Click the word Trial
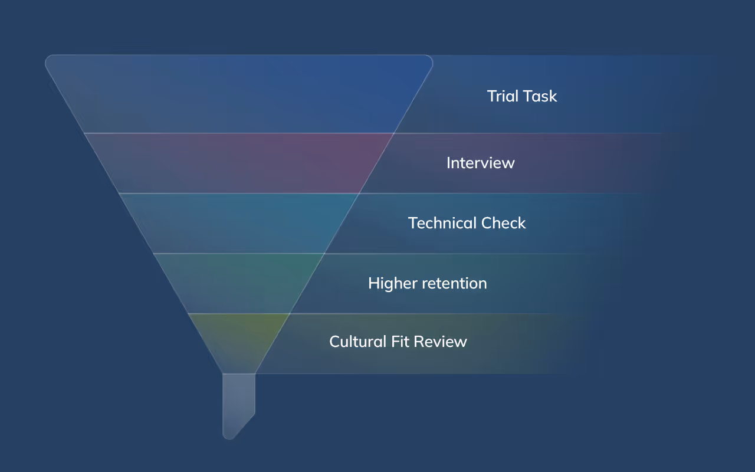pyautogui.click(x=503, y=96)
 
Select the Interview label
pyautogui.click(x=480, y=163)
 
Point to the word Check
pyautogui.click(x=504, y=223)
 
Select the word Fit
pyautogui.click(x=401, y=342)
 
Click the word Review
pyautogui.click(x=440, y=342)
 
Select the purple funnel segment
pyautogui.click(x=239, y=163)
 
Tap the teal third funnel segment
pyautogui.click(x=239, y=223)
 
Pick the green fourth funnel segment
pyautogui.click(x=239, y=283)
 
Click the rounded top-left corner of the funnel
pyautogui.click(x=50, y=60)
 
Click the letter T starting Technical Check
pyautogui.click(x=412, y=223)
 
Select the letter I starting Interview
pyautogui.click(x=448, y=163)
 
